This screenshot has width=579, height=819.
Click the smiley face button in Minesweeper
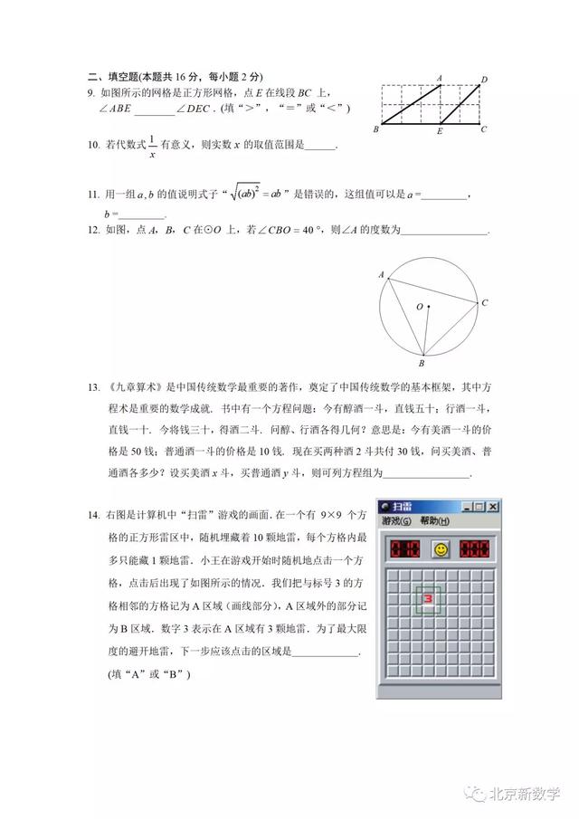(441, 549)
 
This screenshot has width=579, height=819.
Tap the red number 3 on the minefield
(429, 598)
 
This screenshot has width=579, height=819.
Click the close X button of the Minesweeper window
(493, 507)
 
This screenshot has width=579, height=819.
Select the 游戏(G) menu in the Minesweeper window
(396, 522)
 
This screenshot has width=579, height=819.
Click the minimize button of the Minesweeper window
(466, 507)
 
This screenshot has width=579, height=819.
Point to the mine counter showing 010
(404, 549)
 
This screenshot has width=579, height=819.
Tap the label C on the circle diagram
(485, 302)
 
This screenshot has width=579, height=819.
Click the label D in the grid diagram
(485, 81)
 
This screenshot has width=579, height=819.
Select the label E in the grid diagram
(439, 132)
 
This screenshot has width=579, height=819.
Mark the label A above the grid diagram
(439, 79)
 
